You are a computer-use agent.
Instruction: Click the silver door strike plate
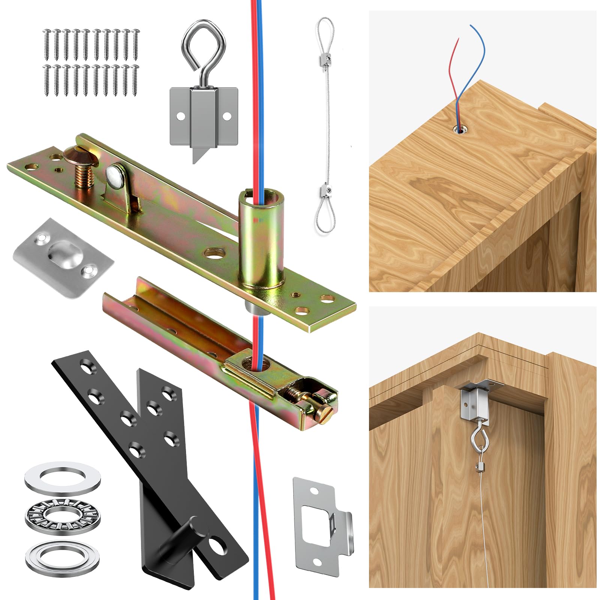point(322,525)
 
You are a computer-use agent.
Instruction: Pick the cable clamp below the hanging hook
point(478,467)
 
